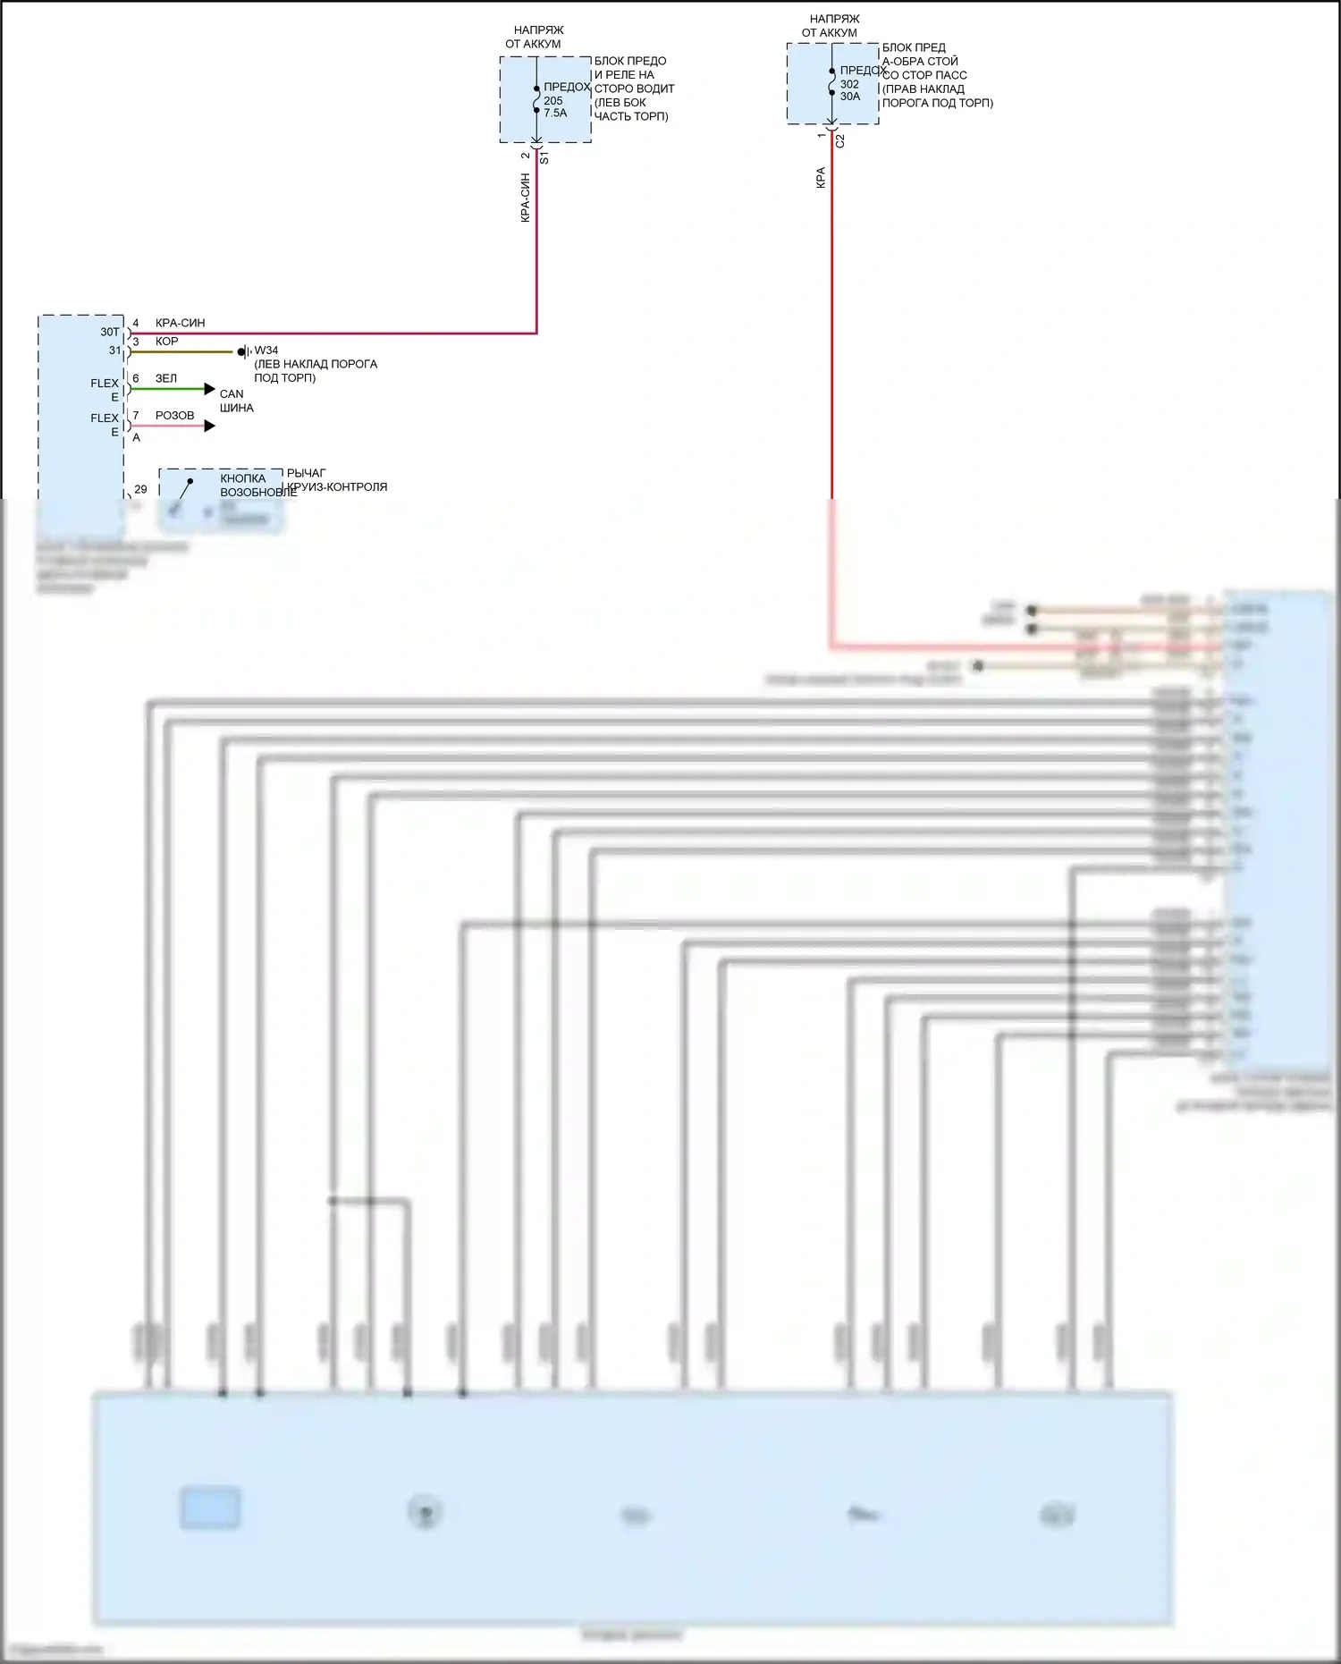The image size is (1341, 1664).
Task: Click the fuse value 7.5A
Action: coord(555,114)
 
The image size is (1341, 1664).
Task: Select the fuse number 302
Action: coord(849,84)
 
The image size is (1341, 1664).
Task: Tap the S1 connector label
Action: coord(544,157)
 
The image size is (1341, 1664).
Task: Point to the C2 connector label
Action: coord(839,140)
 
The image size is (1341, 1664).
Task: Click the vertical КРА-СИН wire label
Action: coord(526,198)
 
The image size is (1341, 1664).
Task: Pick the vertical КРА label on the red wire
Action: coord(821,178)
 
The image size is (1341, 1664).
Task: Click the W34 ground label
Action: coord(266,351)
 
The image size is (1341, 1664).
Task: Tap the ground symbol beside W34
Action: coord(243,352)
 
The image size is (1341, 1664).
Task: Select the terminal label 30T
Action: coord(109,333)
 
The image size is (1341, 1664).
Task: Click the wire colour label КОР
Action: coord(166,342)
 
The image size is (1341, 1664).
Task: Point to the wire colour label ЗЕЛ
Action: coord(166,378)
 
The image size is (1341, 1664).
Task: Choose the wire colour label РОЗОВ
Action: coord(174,416)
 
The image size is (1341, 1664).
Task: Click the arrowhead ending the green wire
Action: coord(210,389)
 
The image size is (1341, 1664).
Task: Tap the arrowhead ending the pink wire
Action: coord(210,427)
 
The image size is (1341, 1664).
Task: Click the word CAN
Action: coord(232,394)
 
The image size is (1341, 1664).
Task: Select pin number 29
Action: coord(140,490)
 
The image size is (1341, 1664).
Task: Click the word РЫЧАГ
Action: coord(307,473)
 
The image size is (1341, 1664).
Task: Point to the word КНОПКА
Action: coord(243,479)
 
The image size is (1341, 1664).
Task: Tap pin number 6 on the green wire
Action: coord(136,378)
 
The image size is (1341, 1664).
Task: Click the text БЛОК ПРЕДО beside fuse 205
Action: coord(630,61)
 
